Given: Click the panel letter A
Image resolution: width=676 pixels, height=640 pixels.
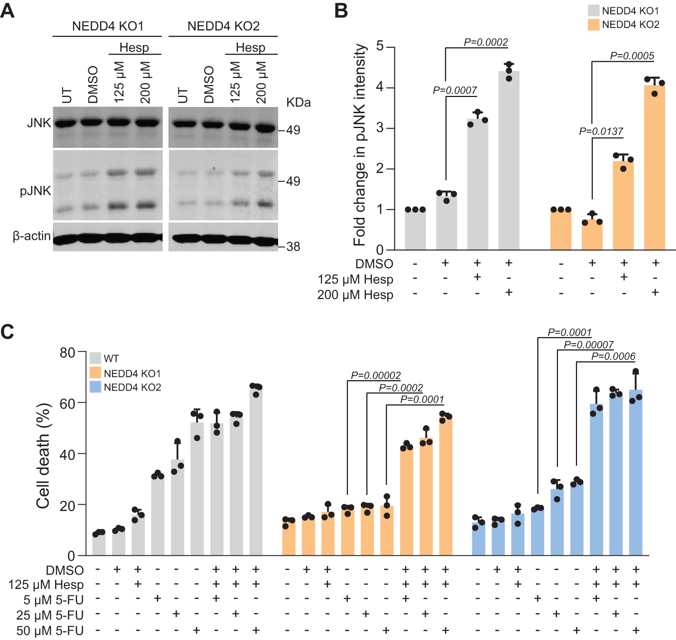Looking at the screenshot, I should click(x=8, y=10).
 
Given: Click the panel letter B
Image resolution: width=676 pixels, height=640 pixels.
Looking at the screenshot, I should click(x=341, y=10).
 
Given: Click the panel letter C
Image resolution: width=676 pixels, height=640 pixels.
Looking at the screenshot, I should click(x=8, y=332).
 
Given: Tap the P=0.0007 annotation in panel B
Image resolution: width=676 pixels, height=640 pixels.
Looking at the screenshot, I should click(x=454, y=90).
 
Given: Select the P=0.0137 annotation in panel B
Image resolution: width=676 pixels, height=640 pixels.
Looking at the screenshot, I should click(x=601, y=131).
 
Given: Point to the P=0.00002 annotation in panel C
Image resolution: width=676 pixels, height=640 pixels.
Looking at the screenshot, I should click(x=375, y=375).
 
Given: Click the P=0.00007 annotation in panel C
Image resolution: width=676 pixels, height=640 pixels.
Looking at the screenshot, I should click(x=589, y=345).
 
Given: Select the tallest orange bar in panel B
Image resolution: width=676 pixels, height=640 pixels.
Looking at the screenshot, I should click(x=654, y=167).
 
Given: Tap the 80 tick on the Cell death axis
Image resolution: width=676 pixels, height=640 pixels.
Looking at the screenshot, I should click(x=68, y=352).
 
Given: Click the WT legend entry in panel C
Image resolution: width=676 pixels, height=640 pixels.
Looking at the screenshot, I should click(x=111, y=359).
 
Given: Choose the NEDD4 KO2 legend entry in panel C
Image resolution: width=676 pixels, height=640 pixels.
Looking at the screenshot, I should click(x=132, y=387).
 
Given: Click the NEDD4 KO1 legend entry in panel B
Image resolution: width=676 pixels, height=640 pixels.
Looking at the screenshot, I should click(x=630, y=11).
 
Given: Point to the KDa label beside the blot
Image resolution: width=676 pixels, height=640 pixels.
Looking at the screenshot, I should click(x=298, y=103).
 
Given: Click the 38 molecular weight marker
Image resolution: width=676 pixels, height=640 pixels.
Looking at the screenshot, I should click(x=293, y=247).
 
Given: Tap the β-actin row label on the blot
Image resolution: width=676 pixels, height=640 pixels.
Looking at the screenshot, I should click(x=32, y=236).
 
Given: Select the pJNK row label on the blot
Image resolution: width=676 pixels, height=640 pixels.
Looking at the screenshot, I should click(x=35, y=191).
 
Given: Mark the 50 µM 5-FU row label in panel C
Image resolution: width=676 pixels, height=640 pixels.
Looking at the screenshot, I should click(x=50, y=631).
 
